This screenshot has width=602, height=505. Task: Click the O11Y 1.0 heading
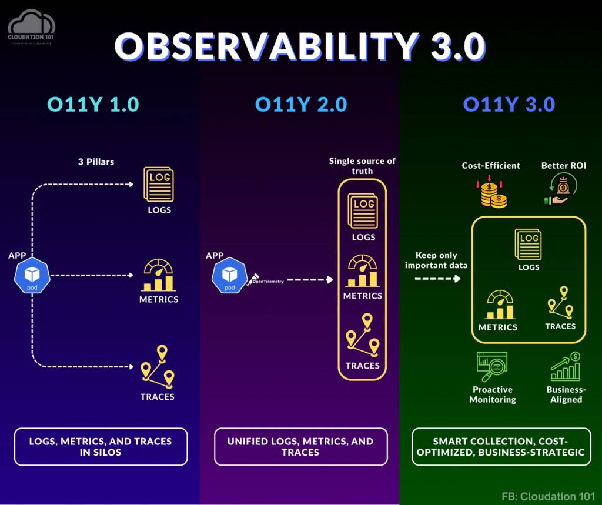click(93, 104)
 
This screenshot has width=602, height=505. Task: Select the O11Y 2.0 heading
click(300, 104)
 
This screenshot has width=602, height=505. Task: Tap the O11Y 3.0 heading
click(509, 104)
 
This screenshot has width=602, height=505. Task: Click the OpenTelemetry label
click(267, 281)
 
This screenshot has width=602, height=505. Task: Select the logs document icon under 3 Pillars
click(159, 185)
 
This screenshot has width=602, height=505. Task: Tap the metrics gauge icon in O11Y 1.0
click(159, 275)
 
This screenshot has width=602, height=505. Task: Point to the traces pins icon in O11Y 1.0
click(158, 367)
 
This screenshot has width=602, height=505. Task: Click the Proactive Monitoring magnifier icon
click(492, 367)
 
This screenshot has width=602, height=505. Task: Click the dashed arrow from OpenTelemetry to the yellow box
click(310, 280)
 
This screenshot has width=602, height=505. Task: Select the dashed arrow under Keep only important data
click(437, 278)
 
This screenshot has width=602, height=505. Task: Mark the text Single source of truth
click(362, 166)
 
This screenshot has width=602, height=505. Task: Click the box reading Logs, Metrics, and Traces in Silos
click(101, 447)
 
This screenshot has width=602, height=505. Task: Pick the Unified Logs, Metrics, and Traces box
click(300, 447)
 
